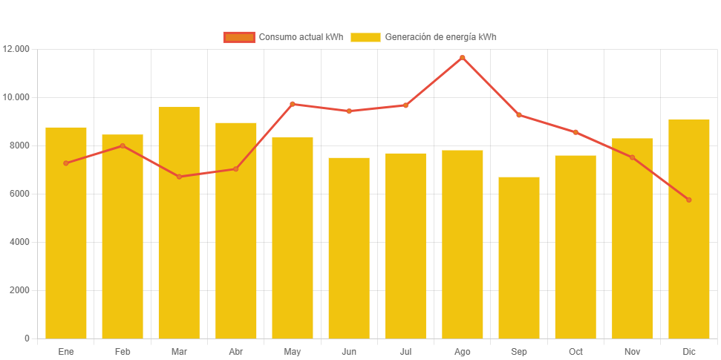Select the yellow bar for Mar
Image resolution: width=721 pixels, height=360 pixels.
point(179,223)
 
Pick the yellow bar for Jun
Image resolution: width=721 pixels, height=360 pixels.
point(349,248)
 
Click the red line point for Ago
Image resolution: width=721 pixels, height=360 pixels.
point(463,57)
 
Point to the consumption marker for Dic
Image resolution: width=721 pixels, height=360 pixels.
point(689,200)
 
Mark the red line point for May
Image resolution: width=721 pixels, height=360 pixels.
point(293,104)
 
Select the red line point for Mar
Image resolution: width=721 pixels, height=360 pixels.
point(179,177)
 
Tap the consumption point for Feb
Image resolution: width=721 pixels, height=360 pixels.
point(123,145)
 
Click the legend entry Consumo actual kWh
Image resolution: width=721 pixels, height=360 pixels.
point(283,37)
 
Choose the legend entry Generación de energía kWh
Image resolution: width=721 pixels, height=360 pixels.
point(423,37)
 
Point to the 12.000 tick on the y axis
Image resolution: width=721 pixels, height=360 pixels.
point(16,49)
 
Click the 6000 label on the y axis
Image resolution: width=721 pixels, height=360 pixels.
point(19,194)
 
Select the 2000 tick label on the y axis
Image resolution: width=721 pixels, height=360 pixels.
point(19,290)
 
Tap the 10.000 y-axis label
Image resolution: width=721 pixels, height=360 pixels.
point(16,97)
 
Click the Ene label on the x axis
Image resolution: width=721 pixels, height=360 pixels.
point(66,351)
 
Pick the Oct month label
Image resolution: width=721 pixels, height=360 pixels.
point(575,351)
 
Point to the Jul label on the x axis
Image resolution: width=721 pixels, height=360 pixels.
point(405,351)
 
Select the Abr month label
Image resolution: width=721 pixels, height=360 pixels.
point(236,351)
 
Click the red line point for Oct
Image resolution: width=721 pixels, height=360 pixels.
point(575,132)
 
